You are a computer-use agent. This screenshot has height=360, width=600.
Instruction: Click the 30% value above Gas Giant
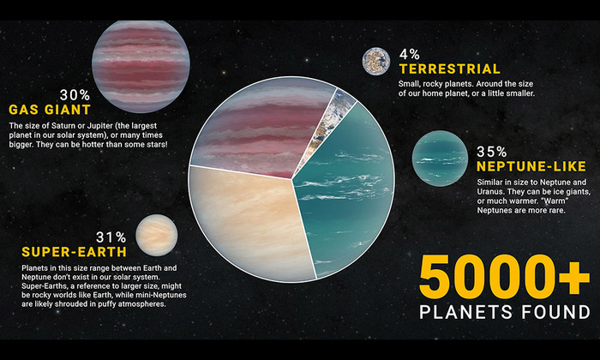[x=75, y=95]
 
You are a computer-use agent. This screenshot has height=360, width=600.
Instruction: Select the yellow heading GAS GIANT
[x=50, y=110]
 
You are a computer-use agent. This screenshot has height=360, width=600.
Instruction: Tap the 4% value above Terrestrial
[x=410, y=54]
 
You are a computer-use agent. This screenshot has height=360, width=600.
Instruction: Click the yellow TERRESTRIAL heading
[x=450, y=69]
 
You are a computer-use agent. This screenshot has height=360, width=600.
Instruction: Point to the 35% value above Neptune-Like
[x=492, y=152]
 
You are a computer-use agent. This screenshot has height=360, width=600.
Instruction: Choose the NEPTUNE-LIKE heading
[x=531, y=166]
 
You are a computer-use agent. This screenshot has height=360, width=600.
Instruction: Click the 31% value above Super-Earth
[x=111, y=237]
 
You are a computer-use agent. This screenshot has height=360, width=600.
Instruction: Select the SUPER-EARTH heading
[x=75, y=252]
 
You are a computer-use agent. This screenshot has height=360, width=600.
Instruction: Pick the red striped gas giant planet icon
[x=141, y=67]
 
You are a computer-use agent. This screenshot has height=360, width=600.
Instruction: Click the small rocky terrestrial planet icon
[x=376, y=61]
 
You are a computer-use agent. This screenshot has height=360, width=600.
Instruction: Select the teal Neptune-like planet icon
[x=440, y=159]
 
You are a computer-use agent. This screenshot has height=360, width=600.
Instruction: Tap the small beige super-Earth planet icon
[x=157, y=235]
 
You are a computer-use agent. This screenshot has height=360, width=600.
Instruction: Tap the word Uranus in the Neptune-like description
[x=489, y=192]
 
